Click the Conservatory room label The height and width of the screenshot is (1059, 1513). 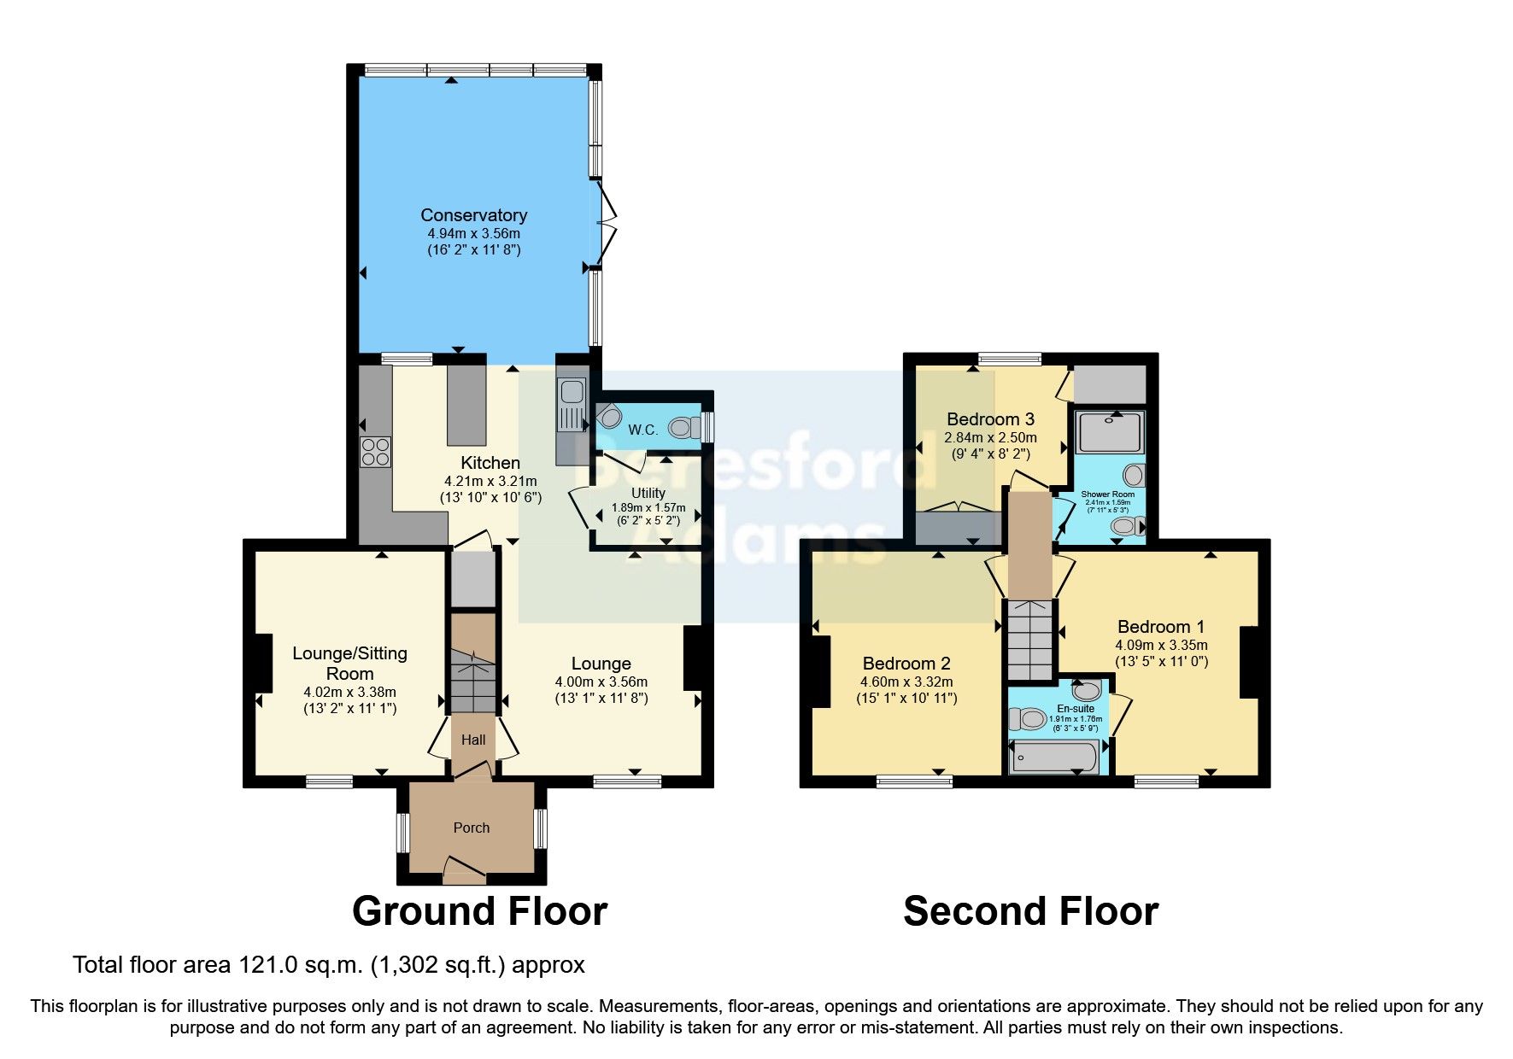pyautogui.click(x=473, y=215)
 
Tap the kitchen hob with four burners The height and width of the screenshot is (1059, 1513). pyautogui.click(x=376, y=451)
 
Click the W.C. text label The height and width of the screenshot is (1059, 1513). pyautogui.click(x=642, y=430)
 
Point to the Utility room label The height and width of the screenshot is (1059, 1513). pyautogui.click(x=648, y=493)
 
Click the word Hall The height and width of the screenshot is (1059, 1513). pyautogui.click(x=473, y=740)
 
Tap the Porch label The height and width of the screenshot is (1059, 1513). pyautogui.click(x=471, y=828)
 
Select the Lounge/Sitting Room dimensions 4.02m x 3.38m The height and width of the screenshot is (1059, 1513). pyautogui.click(x=349, y=692)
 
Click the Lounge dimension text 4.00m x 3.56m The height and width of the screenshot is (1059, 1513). pyautogui.click(x=601, y=682)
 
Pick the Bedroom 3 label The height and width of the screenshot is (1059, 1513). pyautogui.click(x=990, y=419)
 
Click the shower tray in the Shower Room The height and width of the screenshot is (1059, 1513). pyautogui.click(x=1110, y=432)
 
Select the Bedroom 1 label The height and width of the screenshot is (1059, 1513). pyautogui.click(x=1160, y=627)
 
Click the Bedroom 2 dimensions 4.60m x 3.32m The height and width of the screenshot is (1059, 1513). pyautogui.click(x=906, y=682)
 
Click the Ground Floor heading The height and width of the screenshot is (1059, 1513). pyautogui.click(x=479, y=911)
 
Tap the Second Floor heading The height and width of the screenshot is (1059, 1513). pyautogui.click(x=1030, y=911)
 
